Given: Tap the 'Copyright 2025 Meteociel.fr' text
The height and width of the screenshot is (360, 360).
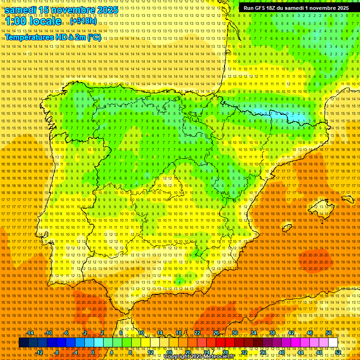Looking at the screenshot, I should [199, 357].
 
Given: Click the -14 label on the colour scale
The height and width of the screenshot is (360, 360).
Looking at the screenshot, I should [30, 333].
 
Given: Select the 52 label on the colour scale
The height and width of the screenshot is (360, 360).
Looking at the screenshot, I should [338, 352].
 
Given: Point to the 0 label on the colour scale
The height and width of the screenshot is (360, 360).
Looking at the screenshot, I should [93, 352].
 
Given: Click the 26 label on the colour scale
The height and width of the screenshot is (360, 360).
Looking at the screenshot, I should [216, 333].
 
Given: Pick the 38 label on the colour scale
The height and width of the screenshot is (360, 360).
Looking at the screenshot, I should [272, 333].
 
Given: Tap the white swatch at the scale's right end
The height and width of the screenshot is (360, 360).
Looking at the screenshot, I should [333, 343].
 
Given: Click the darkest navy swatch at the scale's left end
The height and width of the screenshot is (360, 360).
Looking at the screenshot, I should [23, 343].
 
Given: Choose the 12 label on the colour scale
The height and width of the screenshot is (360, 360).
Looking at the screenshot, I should [150, 352].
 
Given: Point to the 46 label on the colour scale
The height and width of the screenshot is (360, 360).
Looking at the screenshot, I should [309, 333].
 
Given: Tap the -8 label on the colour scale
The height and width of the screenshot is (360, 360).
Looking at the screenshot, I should [57, 352].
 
